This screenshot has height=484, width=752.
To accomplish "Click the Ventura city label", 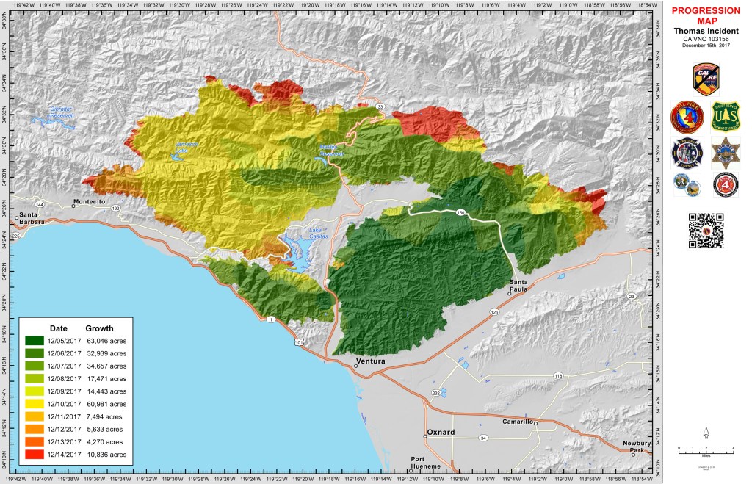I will [x=369, y=361].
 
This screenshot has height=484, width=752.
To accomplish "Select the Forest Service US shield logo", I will [x=726, y=117].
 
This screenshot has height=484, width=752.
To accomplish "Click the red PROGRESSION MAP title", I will [x=706, y=15].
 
